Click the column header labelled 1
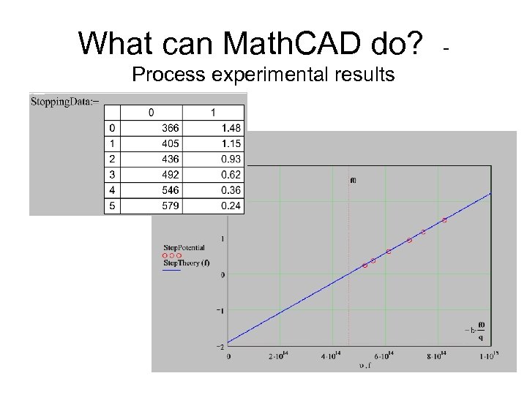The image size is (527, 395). [x=213, y=113]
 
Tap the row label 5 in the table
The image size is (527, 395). [x=111, y=206]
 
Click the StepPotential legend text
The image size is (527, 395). [x=184, y=248]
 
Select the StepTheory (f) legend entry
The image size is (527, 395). [x=186, y=263]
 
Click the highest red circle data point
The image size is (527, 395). [x=444, y=220]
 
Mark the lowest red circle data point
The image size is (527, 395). [x=365, y=266]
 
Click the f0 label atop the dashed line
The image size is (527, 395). [x=354, y=180]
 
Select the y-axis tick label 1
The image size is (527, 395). [x=221, y=238]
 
